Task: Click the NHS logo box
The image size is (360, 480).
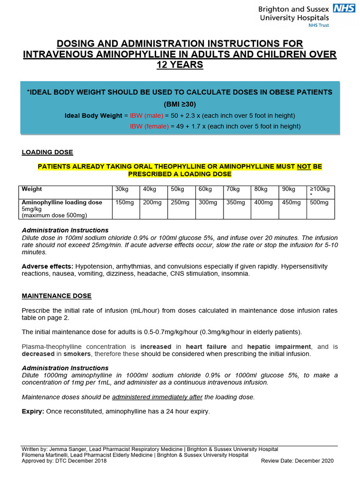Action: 343,8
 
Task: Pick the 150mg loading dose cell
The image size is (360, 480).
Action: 123,202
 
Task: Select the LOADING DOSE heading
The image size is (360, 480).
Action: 47,152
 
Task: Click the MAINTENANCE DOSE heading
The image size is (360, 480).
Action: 57,296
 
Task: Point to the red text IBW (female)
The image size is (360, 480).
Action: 149,126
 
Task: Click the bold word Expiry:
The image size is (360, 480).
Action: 34,412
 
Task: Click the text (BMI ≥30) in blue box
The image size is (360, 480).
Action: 180,104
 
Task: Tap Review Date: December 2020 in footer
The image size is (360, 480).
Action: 297,461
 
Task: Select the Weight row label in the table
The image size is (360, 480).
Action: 32,189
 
